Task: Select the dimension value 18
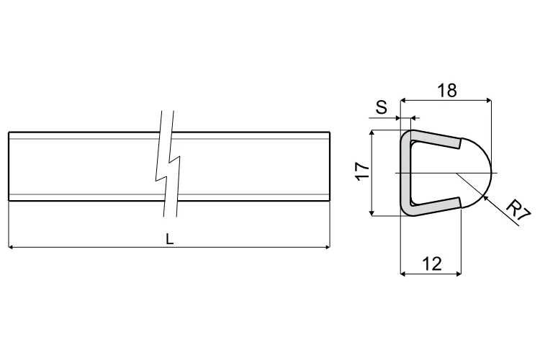pos(447,91)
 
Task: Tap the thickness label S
pos(382,108)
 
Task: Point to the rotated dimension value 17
pos(362,171)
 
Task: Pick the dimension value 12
pos(431,264)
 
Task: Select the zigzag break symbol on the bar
pos(169,166)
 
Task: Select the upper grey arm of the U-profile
pos(436,140)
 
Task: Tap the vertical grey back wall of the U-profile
pos(405,173)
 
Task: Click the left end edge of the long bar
pos(9,166)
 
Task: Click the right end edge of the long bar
pos(330,166)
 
